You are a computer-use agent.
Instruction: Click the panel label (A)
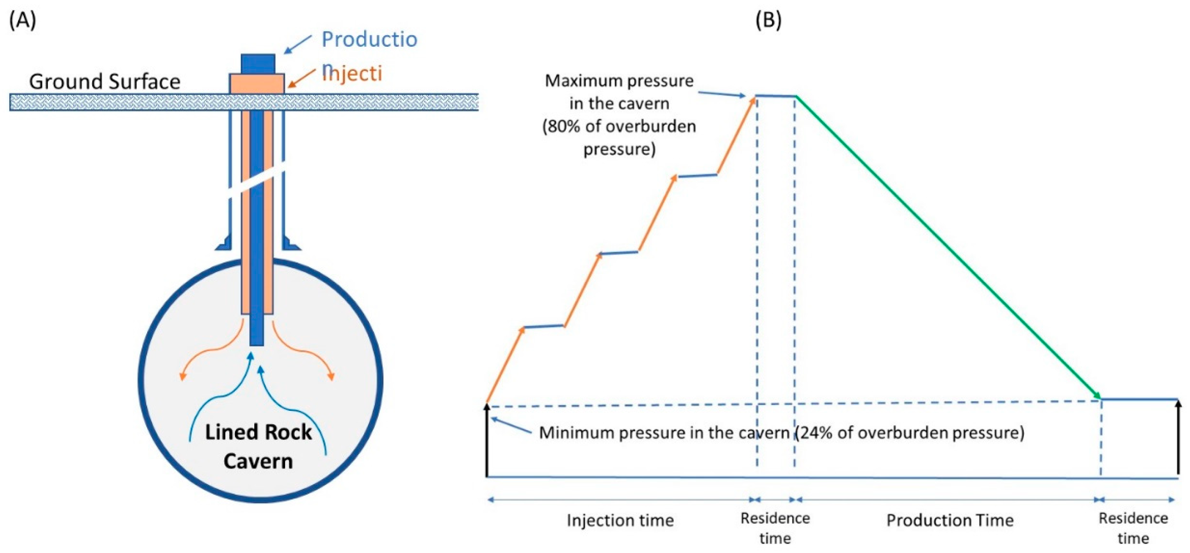[22, 21]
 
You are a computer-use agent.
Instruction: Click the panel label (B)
[768, 21]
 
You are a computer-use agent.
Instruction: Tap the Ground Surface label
[105, 82]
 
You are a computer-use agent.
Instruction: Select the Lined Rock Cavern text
[258, 446]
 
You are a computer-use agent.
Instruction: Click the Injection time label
[620, 520]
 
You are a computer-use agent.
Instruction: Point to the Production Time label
[950, 520]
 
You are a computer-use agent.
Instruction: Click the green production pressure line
[947, 247]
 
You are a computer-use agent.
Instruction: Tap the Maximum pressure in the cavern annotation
[619, 114]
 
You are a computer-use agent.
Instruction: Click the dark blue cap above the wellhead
[258, 64]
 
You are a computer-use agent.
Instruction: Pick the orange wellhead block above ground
[257, 84]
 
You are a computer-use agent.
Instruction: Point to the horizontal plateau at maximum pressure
[775, 96]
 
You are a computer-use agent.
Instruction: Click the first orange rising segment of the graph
[505, 364]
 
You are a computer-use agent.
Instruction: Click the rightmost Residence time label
[1133, 528]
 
